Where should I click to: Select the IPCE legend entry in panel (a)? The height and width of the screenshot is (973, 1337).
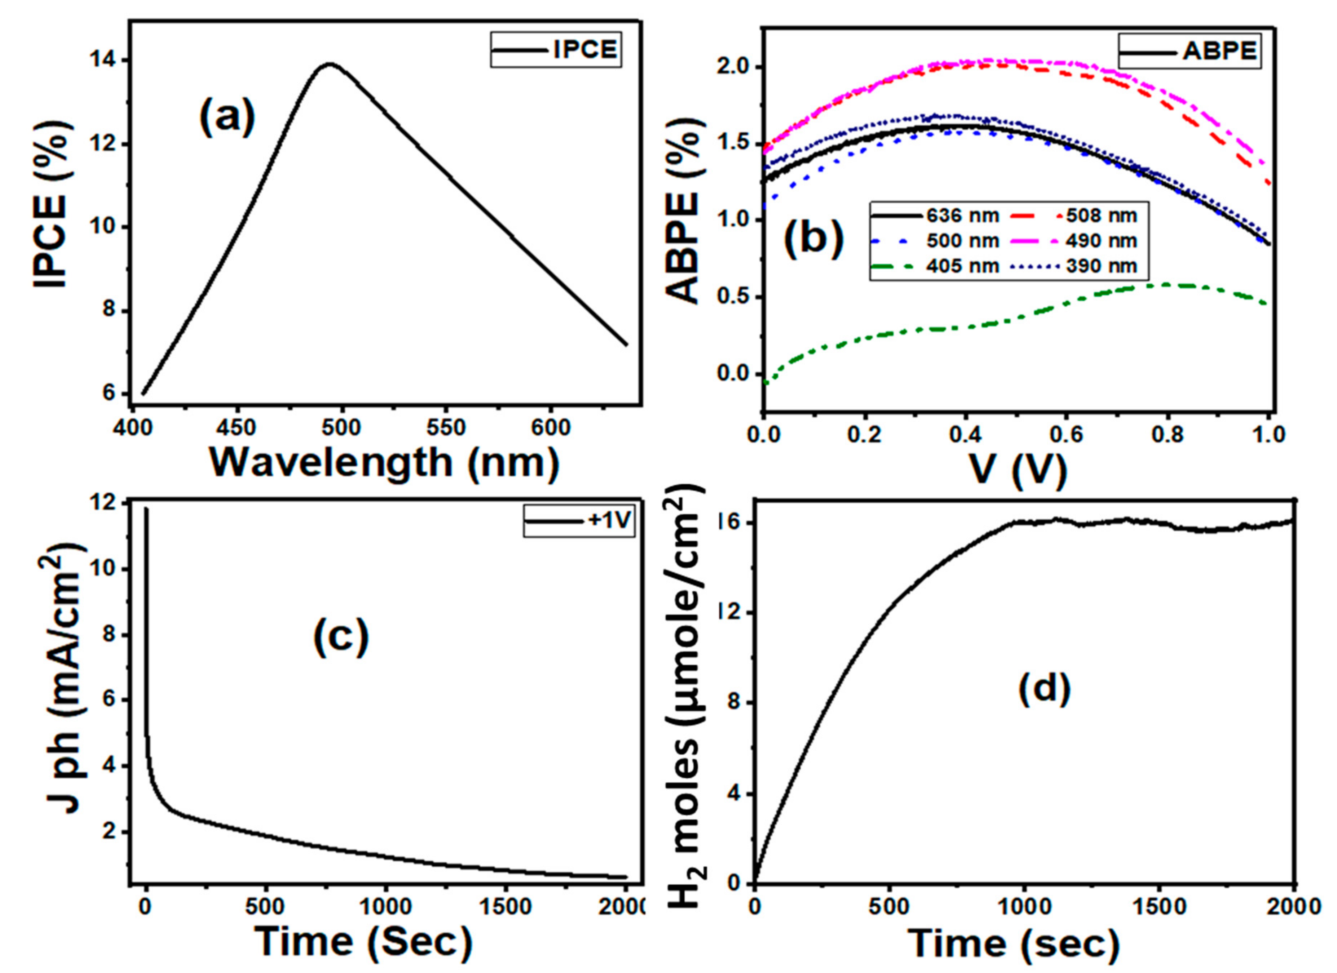(x=555, y=49)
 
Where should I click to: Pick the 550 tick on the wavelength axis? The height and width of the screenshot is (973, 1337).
(x=446, y=427)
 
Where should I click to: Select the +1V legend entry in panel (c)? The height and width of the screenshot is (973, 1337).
(x=578, y=522)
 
